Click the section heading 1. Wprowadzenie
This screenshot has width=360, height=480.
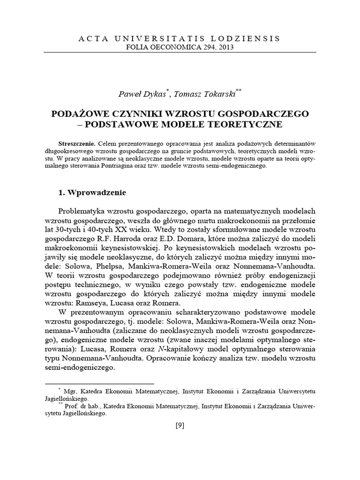pyautogui.click(x=91, y=193)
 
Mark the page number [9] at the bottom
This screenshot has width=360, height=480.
pyautogui.click(x=180, y=426)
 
